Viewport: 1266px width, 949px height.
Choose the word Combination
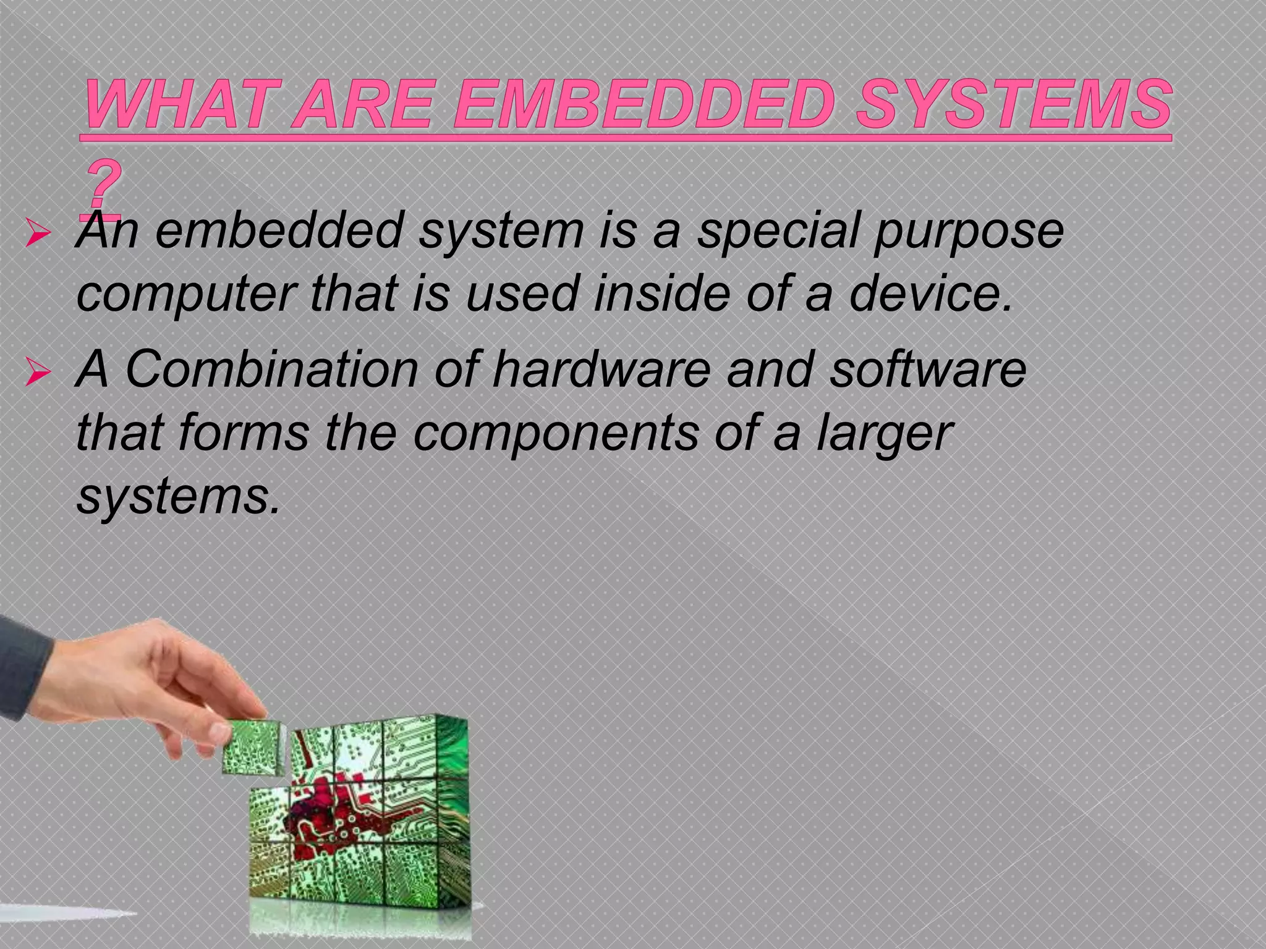[272, 370]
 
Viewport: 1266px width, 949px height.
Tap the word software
[927, 370]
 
